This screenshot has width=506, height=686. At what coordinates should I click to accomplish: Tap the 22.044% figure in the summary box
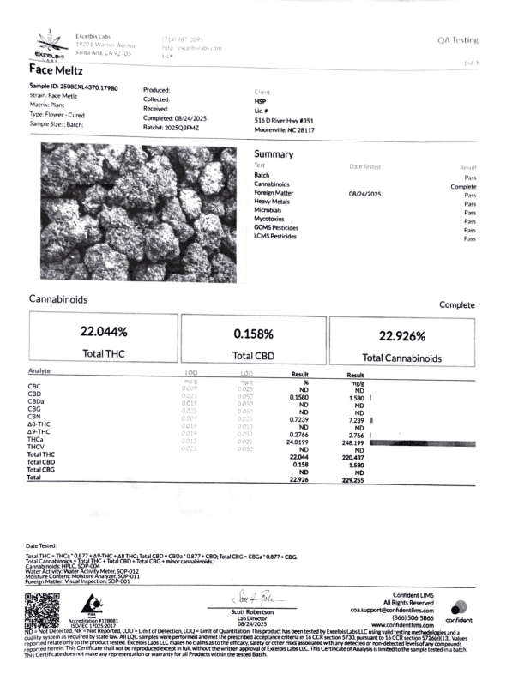coord(104,331)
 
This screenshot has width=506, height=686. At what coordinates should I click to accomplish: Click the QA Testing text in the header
coord(458,40)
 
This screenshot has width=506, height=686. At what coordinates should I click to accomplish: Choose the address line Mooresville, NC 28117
coord(285,130)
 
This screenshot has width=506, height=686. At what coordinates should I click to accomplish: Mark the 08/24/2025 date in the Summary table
coord(364,195)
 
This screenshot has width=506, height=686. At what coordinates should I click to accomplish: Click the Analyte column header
coord(40,373)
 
